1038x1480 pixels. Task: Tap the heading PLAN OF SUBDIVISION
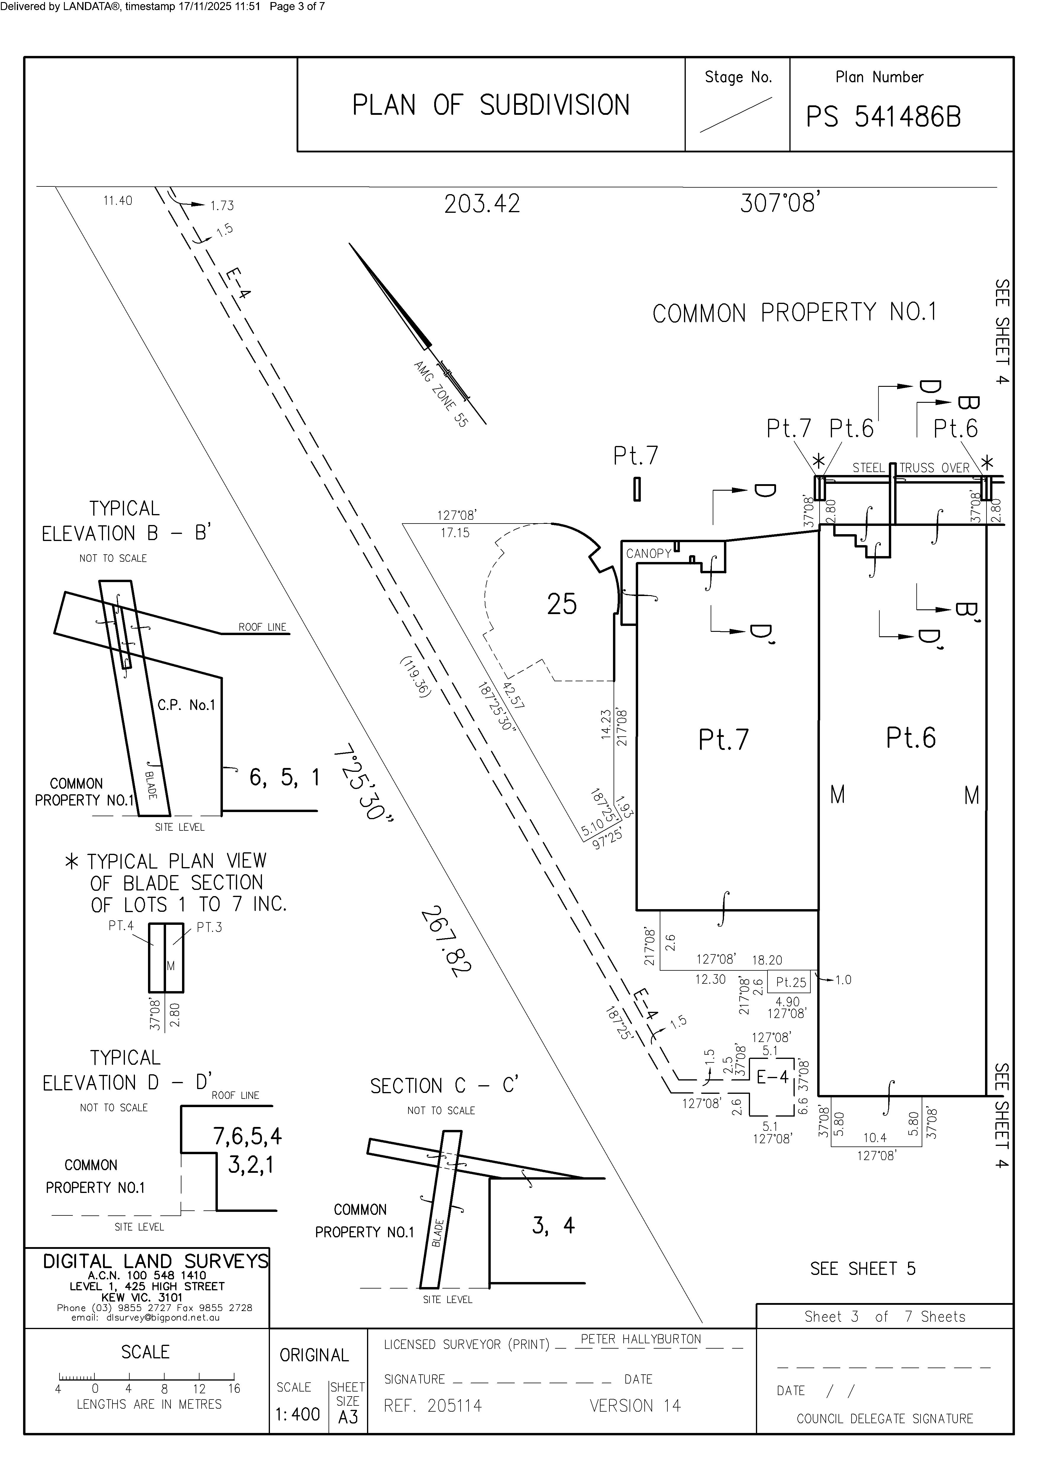tap(491, 105)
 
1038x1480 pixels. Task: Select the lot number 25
tap(561, 604)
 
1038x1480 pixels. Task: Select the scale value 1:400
tap(298, 1414)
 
